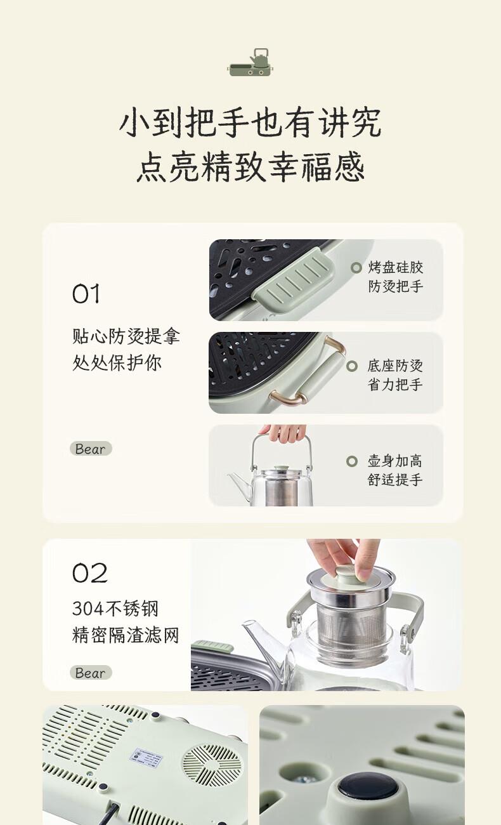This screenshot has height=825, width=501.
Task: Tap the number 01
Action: [x=86, y=294]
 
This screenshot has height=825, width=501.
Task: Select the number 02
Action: [x=90, y=573]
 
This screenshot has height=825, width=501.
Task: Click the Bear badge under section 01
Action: [x=91, y=449]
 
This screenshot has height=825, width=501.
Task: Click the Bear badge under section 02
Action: [x=91, y=673]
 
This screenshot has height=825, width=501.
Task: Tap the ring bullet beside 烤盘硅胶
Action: [x=356, y=268]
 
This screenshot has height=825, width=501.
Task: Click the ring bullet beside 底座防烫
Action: [x=352, y=366]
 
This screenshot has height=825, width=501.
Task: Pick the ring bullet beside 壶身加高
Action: [x=352, y=461]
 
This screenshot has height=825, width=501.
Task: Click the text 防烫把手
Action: [x=395, y=287]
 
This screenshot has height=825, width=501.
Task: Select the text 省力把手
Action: [x=394, y=385]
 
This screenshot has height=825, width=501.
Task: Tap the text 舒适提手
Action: [x=394, y=480]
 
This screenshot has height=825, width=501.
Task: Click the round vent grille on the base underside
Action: [x=213, y=762]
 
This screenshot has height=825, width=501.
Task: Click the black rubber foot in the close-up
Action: [x=368, y=787]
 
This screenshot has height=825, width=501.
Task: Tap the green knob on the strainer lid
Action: [x=348, y=579]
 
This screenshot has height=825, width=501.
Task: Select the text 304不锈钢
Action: [x=115, y=609]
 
